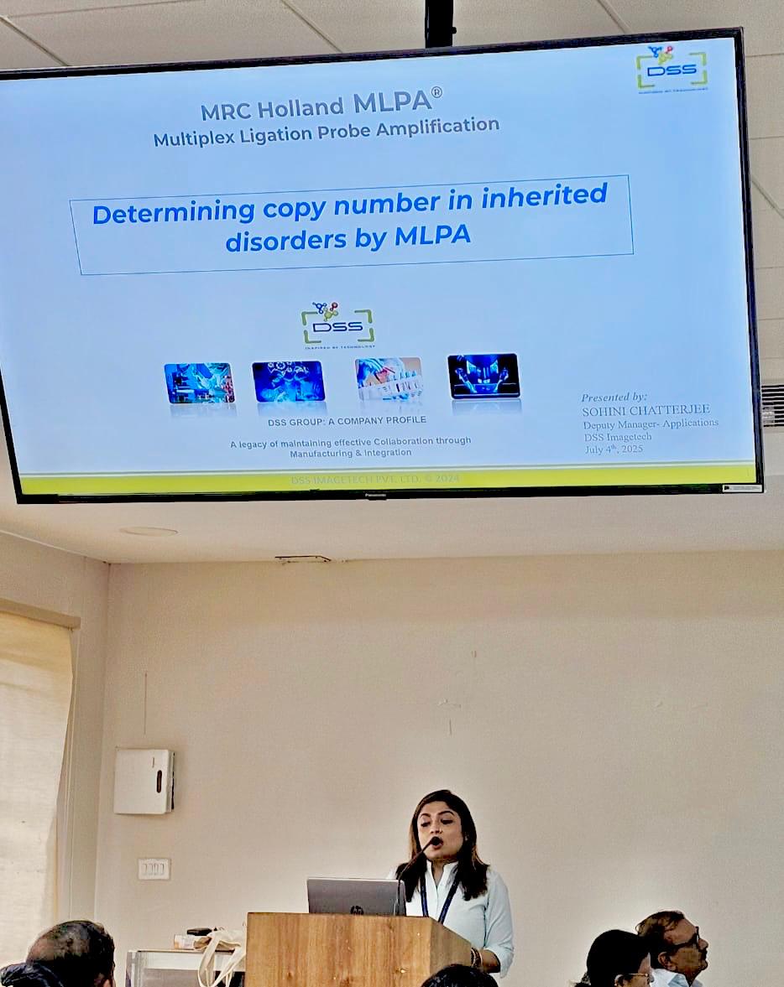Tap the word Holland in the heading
coord(301,107)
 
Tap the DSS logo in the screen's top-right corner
coord(671,67)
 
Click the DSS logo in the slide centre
coord(337,324)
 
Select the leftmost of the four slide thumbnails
coord(199,383)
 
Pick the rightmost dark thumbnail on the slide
coord(483,375)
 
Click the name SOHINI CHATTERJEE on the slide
coord(645,410)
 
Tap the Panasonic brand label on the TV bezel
coord(375,496)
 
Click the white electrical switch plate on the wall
coord(154,869)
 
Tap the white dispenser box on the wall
coord(144,781)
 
